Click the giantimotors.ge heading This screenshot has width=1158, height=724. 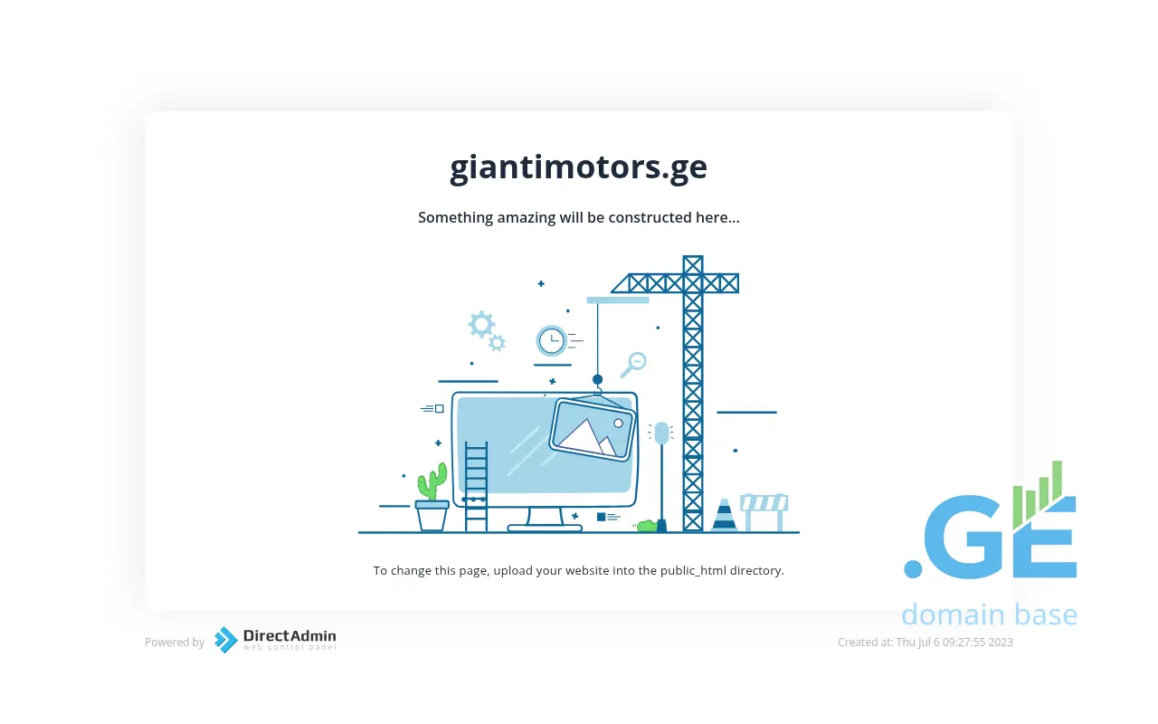(578, 168)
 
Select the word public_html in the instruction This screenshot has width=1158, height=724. (693, 570)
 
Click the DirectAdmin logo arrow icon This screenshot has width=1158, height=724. (226, 640)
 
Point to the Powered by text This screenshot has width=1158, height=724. (175, 643)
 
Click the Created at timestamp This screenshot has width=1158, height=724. (925, 643)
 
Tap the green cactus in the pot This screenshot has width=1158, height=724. (432, 481)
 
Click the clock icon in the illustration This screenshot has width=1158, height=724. (551, 341)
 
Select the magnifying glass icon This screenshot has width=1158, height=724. (634, 365)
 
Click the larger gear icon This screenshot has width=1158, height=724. (481, 324)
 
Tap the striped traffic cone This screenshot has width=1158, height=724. (724, 515)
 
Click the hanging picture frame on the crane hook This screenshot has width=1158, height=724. (593, 428)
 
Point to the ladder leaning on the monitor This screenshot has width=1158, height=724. (476, 486)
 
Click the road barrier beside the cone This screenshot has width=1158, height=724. (764, 512)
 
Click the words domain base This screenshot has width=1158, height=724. (990, 614)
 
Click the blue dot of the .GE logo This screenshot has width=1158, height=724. (913, 569)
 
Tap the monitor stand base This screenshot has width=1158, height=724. (545, 528)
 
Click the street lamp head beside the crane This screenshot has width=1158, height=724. (661, 433)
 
